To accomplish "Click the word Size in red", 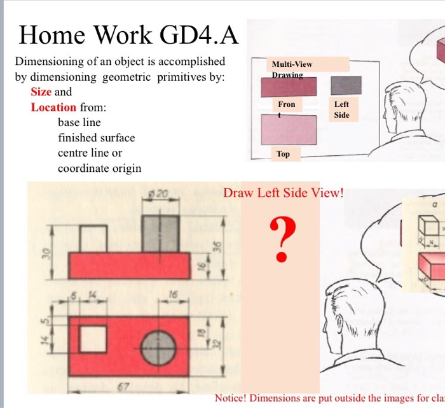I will (x=41, y=92).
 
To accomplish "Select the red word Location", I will (x=53, y=108).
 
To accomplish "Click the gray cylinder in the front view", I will (x=158, y=234).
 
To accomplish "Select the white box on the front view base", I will (x=93, y=238).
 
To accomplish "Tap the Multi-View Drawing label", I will (x=292, y=69).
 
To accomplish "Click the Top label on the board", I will (x=284, y=154).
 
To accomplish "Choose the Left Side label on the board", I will (x=341, y=109).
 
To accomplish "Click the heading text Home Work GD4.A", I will (x=129, y=35).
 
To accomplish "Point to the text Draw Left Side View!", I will (x=283, y=192).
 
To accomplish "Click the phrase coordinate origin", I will (x=100, y=168).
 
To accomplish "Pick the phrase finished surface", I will (x=97, y=137).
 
